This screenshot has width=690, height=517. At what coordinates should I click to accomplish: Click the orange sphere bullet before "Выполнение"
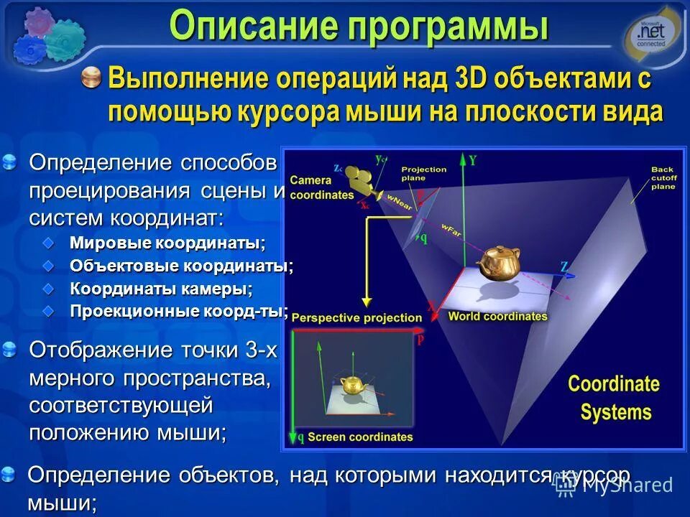[91, 78]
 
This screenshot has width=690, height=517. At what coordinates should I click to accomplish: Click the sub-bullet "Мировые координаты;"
[167, 243]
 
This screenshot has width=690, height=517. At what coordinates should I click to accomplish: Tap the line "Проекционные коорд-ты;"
[179, 312]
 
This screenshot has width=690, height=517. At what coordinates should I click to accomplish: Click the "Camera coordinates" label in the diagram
[321, 187]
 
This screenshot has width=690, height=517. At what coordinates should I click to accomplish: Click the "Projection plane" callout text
[423, 174]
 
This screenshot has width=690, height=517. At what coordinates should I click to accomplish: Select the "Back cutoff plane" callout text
[662, 177]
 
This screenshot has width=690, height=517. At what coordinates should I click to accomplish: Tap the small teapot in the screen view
[352, 385]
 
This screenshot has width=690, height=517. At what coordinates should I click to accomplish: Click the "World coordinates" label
[497, 316]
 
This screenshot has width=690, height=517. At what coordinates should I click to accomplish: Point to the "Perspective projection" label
[356, 317]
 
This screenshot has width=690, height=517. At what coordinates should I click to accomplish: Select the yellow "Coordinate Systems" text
[614, 397]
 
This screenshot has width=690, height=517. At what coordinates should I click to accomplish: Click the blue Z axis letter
[564, 266]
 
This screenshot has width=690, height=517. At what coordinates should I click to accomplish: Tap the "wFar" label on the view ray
[452, 228]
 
